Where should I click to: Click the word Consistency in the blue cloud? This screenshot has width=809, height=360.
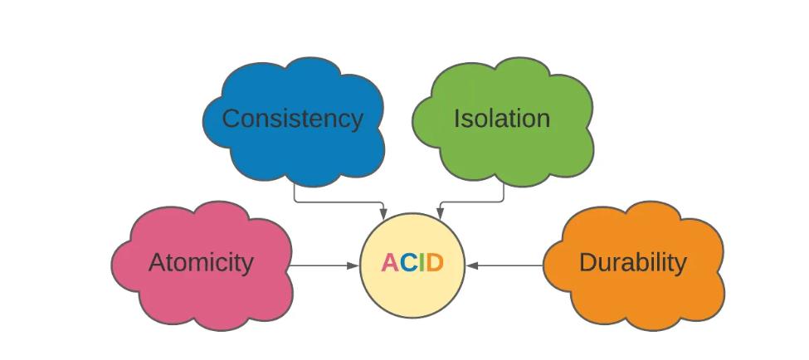pyautogui.click(x=292, y=119)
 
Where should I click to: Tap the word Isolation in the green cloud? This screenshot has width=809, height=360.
pyautogui.click(x=501, y=119)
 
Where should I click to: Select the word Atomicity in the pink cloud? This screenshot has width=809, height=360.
pyautogui.click(x=201, y=263)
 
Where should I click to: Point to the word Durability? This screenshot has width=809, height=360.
pyautogui.click(x=632, y=263)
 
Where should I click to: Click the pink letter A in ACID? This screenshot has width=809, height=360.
pyautogui.click(x=390, y=264)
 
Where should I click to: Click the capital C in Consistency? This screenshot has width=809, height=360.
pyautogui.click(x=231, y=119)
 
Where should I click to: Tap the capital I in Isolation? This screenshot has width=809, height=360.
pyautogui.click(x=456, y=119)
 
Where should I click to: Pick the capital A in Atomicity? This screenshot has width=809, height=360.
pyautogui.click(x=158, y=263)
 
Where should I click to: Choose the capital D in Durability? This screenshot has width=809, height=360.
pyautogui.click(x=587, y=263)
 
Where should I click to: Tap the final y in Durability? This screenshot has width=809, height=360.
pyautogui.click(x=680, y=265)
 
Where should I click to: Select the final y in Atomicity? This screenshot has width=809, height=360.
pyautogui.click(x=247, y=265)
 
